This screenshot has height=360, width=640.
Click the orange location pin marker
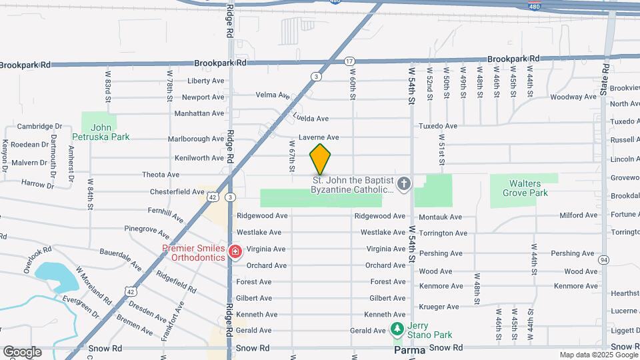(320, 159)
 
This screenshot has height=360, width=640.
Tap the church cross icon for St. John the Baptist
(404, 183)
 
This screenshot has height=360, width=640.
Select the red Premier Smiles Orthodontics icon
(235, 252)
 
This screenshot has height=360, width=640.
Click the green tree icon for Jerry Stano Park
(397, 329)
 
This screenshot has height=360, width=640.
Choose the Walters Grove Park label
(524, 188)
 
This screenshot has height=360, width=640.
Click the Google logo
(22, 352)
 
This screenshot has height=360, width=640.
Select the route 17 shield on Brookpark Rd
(349, 61)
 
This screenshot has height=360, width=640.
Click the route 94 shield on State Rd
(603, 259)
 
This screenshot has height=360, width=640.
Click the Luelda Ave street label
(311, 119)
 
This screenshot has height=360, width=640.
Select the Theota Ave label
(161, 175)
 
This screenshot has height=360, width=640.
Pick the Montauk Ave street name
(441, 217)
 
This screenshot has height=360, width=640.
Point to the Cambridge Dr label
(39, 127)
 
